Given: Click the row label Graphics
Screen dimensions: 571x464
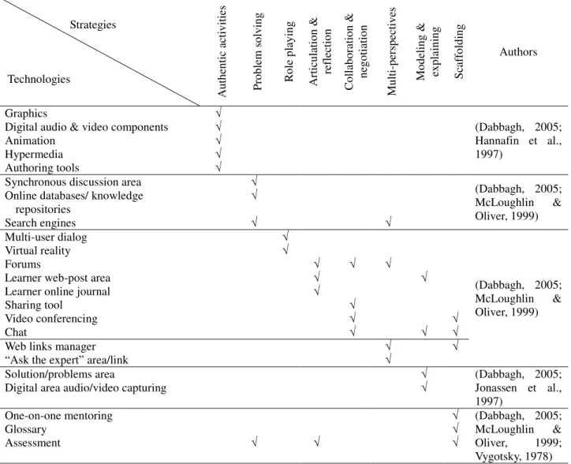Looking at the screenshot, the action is coord(26,114).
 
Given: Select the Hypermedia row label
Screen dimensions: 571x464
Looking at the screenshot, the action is coord(33,154).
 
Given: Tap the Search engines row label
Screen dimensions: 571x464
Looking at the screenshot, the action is coord(40,223).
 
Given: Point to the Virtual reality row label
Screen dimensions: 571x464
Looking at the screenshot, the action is coord(38,250).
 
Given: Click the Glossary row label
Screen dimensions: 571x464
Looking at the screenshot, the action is coord(25,429).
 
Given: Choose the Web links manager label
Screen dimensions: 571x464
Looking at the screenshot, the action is coord(50,346).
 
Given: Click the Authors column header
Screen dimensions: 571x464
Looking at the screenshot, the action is coord(518,52).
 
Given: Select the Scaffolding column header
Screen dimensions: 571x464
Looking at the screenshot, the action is coord(459,51).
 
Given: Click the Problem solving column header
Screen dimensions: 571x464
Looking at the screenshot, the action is coord(257,51).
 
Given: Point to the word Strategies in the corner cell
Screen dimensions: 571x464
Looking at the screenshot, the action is coord(93,24).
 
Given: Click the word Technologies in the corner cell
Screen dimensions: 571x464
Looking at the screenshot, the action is coord(39,79).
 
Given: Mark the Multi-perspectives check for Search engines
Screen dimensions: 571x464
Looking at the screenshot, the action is coord(389,221).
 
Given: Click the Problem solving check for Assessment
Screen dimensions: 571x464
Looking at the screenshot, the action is coord(255,442).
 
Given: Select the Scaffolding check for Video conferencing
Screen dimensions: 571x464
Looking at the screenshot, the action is coord(455,317).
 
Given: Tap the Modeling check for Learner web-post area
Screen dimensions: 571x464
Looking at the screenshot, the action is coord(424,277).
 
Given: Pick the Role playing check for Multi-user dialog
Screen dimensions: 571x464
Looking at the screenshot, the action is coord(285,236).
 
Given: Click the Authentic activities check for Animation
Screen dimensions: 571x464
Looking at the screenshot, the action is coord(218,139).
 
